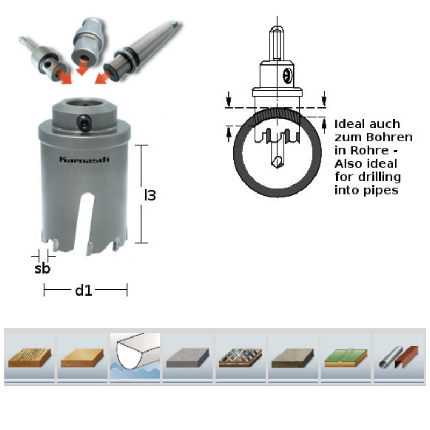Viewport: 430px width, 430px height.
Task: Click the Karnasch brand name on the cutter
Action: (84, 160)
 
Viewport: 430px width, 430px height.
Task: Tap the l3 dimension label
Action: (150, 195)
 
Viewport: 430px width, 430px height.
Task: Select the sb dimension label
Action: (42, 268)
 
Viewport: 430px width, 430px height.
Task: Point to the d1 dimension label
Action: (84, 290)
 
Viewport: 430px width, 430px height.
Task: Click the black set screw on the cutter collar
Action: (83, 123)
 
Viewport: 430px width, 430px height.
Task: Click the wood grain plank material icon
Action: (30, 357)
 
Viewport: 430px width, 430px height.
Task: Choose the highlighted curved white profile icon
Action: (135, 356)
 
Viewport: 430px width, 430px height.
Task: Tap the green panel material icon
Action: (346, 357)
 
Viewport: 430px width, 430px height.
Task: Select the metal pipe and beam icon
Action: (399, 357)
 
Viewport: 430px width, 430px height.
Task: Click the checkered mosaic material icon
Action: (240, 357)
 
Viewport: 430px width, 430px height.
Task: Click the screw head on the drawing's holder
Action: (288, 75)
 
